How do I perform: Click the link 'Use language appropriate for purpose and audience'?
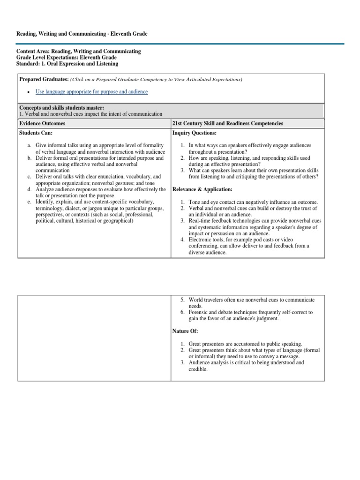pos(91,92)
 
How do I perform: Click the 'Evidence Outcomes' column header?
pos(42,123)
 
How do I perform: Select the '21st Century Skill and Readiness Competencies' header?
pos(228,123)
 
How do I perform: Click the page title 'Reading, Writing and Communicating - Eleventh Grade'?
pos(82,34)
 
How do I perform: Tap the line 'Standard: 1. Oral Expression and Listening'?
pos(67,64)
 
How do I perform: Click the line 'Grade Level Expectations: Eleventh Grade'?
pos(67,58)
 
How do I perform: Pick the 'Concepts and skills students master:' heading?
pos(61,108)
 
